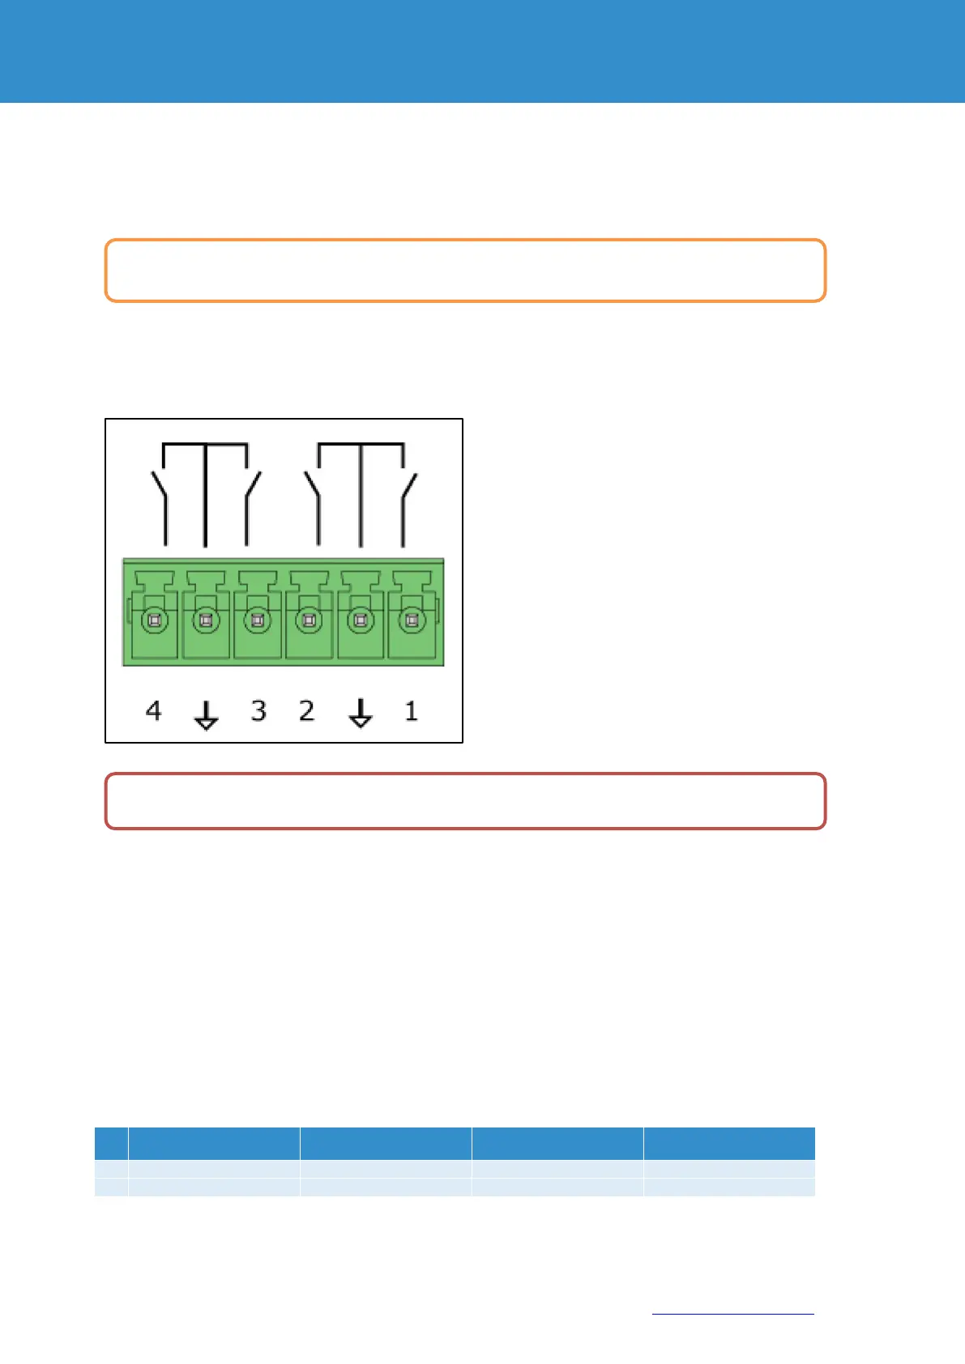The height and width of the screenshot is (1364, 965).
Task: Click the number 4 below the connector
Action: (153, 710)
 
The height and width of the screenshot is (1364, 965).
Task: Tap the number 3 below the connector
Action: (258, 710)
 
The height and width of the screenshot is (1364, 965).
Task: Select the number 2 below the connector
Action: (306, 710)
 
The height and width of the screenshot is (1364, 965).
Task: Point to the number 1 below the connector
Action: (411, 710)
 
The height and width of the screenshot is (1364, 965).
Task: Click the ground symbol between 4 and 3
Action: (206, 714)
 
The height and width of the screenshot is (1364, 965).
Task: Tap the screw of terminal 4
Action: (154, 621)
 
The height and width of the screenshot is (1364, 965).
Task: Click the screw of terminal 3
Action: (258, 621)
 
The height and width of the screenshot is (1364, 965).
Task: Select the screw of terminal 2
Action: (309, 621)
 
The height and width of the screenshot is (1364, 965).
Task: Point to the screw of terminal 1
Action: (412, 621)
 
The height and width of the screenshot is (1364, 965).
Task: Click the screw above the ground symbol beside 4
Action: (206, 621)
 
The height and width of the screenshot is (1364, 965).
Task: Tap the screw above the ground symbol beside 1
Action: (361, 621)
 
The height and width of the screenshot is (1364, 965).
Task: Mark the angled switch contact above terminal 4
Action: (159, 488)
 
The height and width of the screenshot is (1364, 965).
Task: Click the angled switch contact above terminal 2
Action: (312, 488)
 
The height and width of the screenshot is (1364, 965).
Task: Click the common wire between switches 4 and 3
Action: (205, 502)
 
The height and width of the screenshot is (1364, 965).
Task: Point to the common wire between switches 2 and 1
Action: (361, 502)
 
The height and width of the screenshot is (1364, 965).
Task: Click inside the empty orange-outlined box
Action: (465, 271)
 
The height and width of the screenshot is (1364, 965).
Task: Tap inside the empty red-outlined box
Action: (465, 801)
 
